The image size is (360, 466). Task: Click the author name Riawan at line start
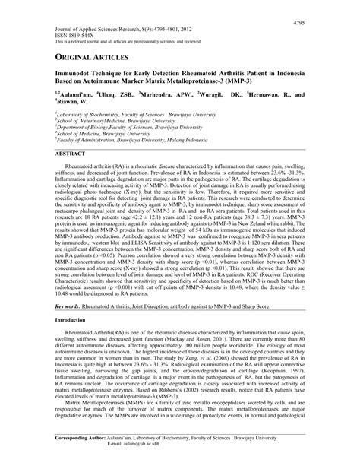[73, 103]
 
